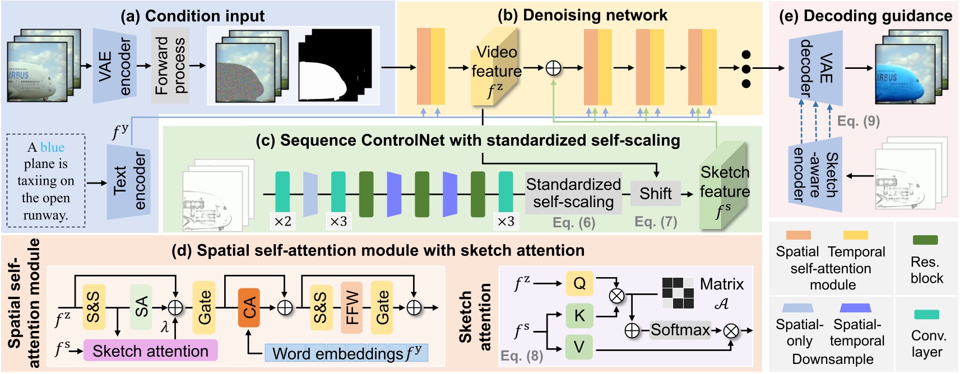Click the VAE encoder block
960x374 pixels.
click(x=114, y=66)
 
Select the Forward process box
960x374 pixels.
click(x=170, y=66)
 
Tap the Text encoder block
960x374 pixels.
click(x=129, y=182)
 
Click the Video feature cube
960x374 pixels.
click(x=494, y=67)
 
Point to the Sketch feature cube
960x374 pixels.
click(x=724, y=186)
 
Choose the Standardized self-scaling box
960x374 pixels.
click(x=573, y=193)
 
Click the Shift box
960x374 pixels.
click(x=655, y=193)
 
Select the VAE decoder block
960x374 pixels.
click(x=815, y=68)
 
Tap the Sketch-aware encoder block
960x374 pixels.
click(x=815, y=175)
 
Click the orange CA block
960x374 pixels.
click(x=249, y=307)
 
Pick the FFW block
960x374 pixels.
click(x=351, y=307)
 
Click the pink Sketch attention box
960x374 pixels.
click(x=150, y=351)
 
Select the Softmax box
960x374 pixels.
click(x=680, y=330)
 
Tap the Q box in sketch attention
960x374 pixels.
click(x=579, y=283)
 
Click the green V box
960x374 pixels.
click(x=579, y=347)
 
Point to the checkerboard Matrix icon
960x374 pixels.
click(x=678, y=293)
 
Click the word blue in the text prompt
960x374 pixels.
click(x=52, y=147)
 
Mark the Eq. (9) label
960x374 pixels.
click(x=859, y=121)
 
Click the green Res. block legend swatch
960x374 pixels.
click(x=925, y=240)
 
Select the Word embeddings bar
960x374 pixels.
click(x=346, y=353)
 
